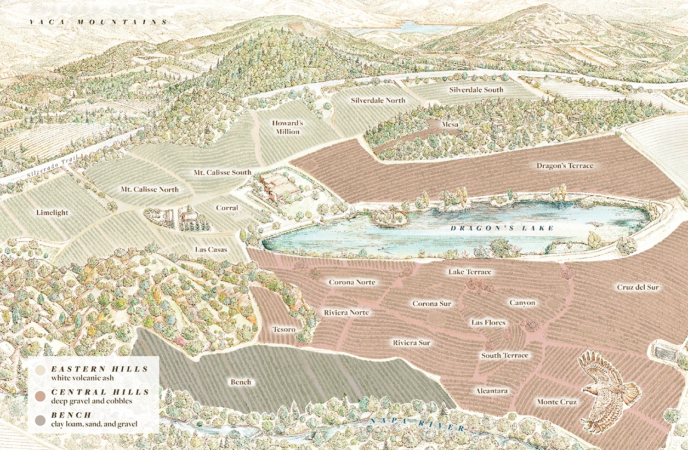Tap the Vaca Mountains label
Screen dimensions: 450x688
tap(98, 22)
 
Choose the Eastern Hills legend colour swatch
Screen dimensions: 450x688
tap(40, 370)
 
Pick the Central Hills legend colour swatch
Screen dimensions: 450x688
tap(40, 395)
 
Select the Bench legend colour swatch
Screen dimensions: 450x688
tap(40, 420)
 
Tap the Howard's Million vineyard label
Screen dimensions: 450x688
tap(287, 127)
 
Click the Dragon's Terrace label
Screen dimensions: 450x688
tap(565, 166)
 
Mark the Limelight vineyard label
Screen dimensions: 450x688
tap(53, 213)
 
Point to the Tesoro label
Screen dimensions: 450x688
tap(284, 329)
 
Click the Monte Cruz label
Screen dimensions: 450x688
tap(556, 402)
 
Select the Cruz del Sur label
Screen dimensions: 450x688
tap(638, 287)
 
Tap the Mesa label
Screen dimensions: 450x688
tap(452, 125)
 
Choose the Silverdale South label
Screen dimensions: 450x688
tap(476, 89)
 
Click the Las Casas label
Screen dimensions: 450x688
tap(211, 249)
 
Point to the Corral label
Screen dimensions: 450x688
tap(227, 208)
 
